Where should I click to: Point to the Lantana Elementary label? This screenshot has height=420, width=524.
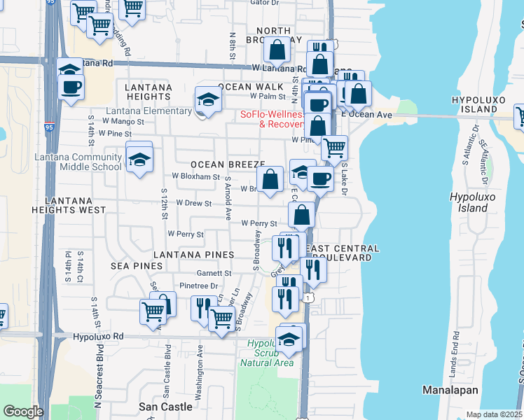point(149,111)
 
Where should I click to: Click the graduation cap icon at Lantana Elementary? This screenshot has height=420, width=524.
point(208,99)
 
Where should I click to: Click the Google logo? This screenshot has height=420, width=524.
point(22,412)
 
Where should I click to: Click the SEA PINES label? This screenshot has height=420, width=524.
point(137,266)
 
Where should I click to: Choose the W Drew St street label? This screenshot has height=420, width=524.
point(194,203)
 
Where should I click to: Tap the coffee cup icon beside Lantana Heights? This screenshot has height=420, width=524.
point(71,87)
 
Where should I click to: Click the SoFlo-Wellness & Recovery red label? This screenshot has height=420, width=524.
point(273,119)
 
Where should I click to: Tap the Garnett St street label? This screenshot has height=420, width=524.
point(214,273)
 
